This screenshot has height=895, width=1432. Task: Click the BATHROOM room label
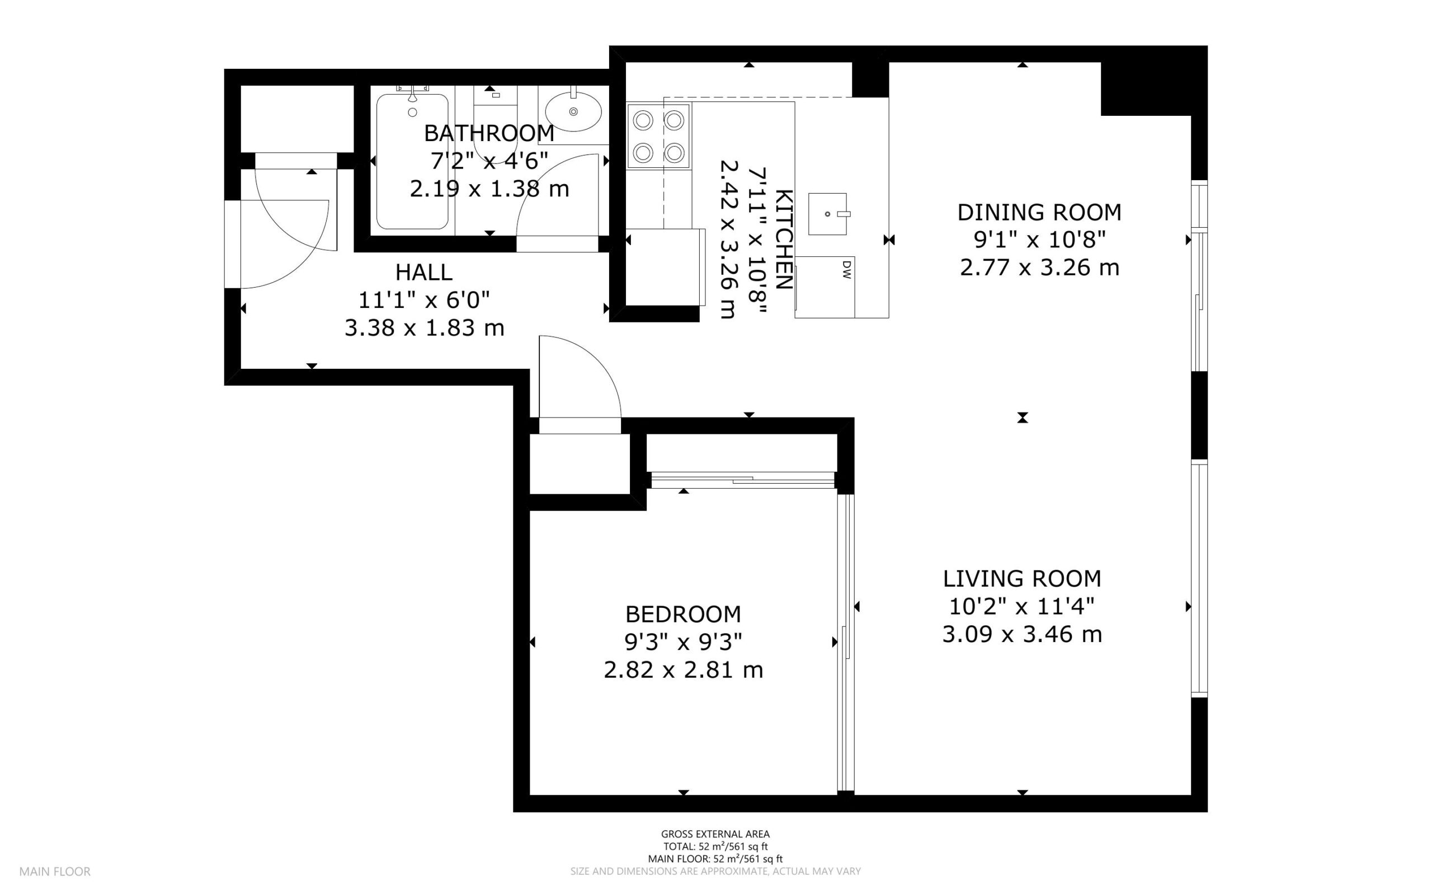pyautogui.click(x=489, y=133)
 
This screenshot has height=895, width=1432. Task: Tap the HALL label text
pyautogui.click(x=424, y=272)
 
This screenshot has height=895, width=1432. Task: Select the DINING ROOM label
pyautogui.click(x=1039, y=212)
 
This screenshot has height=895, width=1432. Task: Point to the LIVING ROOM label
pyautogui.click(x=1022, y=578)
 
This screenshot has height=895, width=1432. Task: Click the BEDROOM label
pyautogui.click(x=683, y=615)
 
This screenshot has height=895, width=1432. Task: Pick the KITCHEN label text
pyautogui.click(x=783, y=239)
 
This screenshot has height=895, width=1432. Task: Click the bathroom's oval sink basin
pyautogui.click(x=573, y=111)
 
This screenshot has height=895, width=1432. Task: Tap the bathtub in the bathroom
pyautogui.click(x=412, y=161)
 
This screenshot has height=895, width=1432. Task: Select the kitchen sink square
pyautogui.click(x=827, y=214)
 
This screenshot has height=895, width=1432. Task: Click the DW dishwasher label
pyautogui.click(x=846, y=270)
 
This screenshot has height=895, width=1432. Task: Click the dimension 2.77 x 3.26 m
pyautogui.click(x=1039, y=268)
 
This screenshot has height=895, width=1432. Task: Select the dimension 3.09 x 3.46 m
pyautogui.click(x=1022, y=635)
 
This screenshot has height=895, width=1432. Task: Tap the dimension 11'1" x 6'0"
pyautogui.click(x=424, y=300)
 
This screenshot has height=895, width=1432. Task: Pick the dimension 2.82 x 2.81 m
pyautogui.click(x=683, y=670)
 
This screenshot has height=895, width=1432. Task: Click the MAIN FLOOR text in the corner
pyautogui.click(x=55, y=871)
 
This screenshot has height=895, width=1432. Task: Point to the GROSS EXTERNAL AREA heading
pyautogui.click(x=715, y=835)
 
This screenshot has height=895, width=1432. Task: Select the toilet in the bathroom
pyautogui.click(x=496, y=121)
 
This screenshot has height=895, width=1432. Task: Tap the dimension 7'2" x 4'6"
pyautogui.click(x=489, y=161)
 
